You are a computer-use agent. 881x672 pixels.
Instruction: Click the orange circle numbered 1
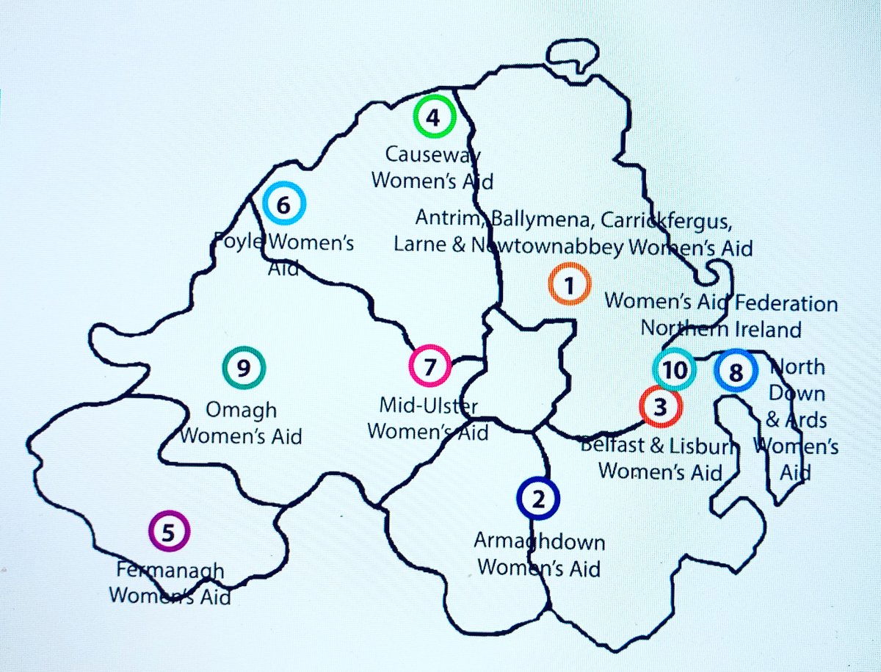click(x=569, y=286)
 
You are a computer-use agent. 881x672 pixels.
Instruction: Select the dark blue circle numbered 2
click(x=538, y=499)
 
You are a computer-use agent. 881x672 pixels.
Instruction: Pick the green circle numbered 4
click(x=434, y=117)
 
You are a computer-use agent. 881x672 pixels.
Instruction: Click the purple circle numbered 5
click(x=169, y=531)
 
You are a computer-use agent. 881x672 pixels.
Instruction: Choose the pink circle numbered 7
click(x=430, y=366)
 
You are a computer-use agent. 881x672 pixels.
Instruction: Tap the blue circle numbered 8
click(x=736, y=372)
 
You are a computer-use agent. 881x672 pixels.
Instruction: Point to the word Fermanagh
click(x=170, y=570)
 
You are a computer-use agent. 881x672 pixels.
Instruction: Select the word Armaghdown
click(x=540, y=543)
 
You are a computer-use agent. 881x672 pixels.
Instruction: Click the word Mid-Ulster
click(x=428, y=405)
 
